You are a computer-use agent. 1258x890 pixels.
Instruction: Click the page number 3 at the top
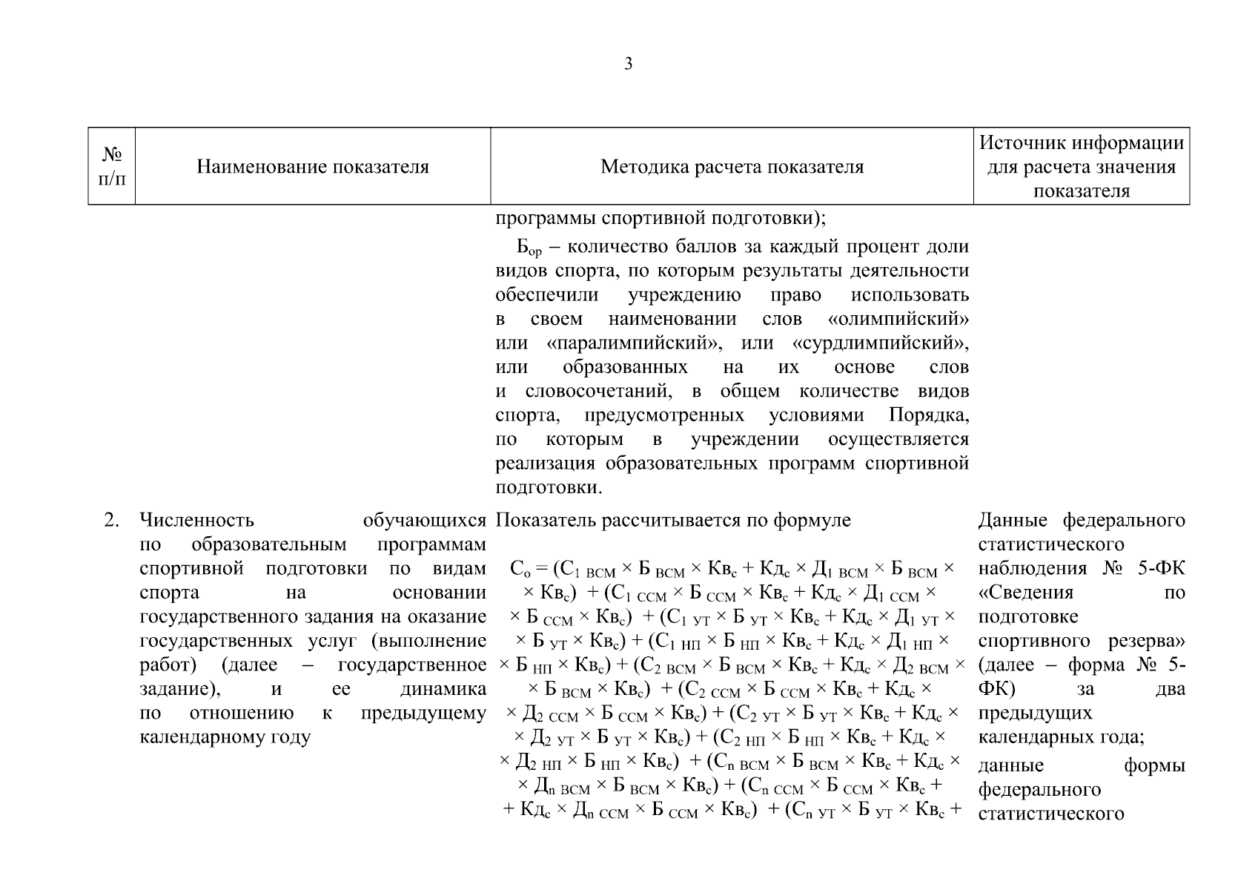click(629, 65)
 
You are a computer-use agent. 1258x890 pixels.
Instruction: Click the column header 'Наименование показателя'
click(312, 167)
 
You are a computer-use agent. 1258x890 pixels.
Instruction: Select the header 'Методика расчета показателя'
click(732, 167)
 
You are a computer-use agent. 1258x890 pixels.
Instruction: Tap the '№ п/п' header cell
click(112, 167)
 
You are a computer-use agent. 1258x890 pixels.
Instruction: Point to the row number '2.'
click(111, 521)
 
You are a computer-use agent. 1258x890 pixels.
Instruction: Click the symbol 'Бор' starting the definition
click(529, 247)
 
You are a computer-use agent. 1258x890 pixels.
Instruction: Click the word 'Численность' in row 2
click(196, 521)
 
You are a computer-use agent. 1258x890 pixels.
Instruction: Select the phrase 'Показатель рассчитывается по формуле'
click(673, 521)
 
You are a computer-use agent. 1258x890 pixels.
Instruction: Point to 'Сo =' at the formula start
click(528, 570)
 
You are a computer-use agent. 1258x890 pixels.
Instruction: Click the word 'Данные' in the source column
click(1013, 521)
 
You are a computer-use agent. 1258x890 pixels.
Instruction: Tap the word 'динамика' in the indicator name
click(443, 689)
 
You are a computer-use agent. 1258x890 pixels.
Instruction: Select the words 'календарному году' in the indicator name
click(225, 737)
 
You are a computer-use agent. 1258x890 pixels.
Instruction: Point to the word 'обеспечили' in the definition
click(547, 295)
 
